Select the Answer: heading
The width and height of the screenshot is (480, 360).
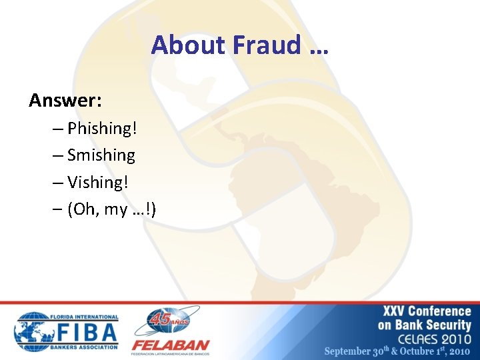(65, 100)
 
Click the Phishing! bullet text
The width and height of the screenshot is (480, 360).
(107, 128)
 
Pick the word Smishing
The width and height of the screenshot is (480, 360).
(101, 155)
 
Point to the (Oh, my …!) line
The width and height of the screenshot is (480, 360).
(111, 209)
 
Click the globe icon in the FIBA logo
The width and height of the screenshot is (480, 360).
(32, 331)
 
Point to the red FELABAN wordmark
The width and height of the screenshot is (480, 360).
(170, 345)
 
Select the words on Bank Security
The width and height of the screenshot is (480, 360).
(425, 325)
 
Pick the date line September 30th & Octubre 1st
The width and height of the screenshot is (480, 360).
(398, 351)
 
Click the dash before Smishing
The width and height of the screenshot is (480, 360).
(57, 155)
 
